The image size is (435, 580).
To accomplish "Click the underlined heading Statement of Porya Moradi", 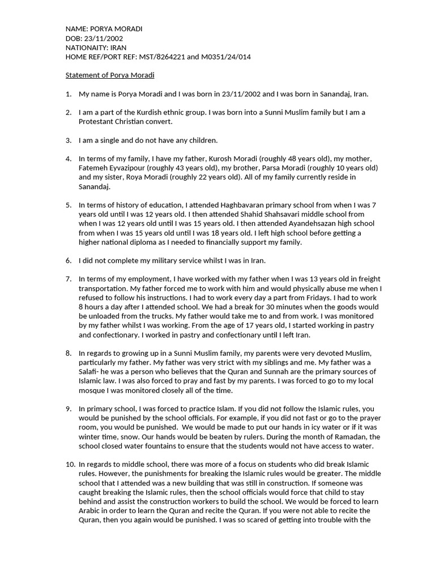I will click(110, 75).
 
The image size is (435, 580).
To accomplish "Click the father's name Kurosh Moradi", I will click(217, 159).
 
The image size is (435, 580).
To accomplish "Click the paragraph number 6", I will click(68, 261).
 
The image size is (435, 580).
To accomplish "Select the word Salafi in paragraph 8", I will click(89, 372).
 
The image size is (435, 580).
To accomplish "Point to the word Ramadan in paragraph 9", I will click(350, 436).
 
